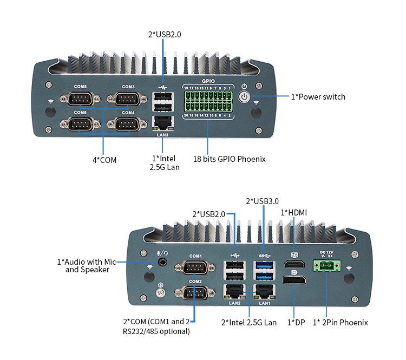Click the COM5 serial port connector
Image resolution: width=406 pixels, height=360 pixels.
point(80,100)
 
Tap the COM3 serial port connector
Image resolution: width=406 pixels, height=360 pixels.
point(128,100)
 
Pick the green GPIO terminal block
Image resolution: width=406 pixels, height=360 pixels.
point(208,101)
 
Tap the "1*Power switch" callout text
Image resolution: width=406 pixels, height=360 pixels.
point(318,97)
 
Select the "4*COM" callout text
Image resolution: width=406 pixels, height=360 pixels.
point(104,160)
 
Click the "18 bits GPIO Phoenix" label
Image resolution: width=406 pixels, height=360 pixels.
point(230,159)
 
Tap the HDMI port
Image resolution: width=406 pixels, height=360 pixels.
point(294,265)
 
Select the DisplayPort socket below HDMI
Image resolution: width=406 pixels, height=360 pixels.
point(294,282)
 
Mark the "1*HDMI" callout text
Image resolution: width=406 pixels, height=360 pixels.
point(293,213)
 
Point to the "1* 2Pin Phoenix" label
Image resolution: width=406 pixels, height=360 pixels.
point(340,322)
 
